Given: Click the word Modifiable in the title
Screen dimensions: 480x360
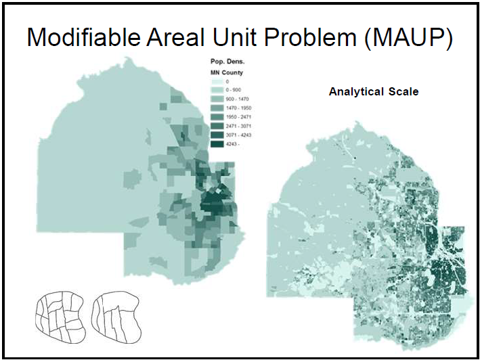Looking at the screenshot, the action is [83, 37].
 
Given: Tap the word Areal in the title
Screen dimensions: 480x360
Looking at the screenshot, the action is [175, 37].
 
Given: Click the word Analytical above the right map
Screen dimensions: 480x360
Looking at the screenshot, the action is [356, 92].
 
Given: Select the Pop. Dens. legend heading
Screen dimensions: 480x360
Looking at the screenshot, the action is [227, 62].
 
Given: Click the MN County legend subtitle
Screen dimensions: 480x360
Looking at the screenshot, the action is [227, 73].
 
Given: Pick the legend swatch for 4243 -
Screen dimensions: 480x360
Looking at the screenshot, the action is [217, 144].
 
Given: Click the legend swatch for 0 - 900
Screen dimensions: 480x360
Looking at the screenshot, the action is [217, 90].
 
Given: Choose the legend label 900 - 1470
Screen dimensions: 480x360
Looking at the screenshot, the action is [237, 99].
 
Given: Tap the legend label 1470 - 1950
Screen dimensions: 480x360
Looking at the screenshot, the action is [238, 108].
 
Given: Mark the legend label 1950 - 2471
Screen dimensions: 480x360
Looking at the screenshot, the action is [238, 117].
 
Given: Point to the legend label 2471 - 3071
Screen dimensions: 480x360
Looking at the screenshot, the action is [238, 126].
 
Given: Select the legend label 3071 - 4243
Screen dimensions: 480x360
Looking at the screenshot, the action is [238, 135].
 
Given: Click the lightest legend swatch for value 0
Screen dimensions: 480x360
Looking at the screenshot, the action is [217, 82].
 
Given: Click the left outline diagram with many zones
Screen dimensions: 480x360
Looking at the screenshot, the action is [60, 317].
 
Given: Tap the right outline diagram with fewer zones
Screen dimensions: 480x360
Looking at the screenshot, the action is [116, 317].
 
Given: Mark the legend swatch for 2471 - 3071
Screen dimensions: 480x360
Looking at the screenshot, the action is [217, 126].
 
